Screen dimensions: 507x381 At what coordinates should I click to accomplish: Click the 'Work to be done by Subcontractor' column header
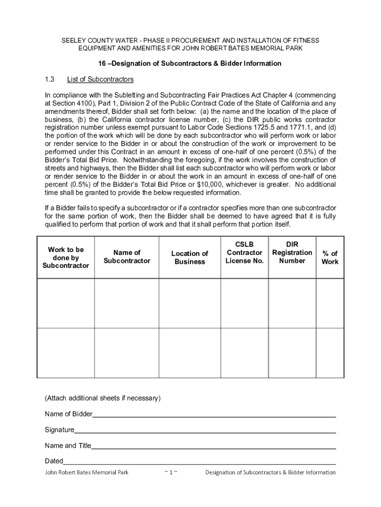pos(65,257)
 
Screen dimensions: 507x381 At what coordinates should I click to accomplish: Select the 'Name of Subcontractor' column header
pos(127,256)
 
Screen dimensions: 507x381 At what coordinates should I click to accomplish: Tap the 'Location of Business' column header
pos(190,257)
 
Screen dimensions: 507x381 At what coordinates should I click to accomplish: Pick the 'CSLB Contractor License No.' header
pos(244,253)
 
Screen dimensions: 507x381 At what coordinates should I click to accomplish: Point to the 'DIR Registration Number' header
pos(292,253)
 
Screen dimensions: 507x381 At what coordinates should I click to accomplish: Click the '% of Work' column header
pos(330,257)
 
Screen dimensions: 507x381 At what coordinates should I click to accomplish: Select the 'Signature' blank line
pos(205,430)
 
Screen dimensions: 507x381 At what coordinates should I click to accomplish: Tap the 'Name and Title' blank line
pos(213,446)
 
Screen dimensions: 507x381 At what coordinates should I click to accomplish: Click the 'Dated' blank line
pos(199,461)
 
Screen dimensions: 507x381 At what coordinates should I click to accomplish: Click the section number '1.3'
pos(50,79)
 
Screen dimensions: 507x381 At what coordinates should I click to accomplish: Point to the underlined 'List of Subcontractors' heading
pos(100,79)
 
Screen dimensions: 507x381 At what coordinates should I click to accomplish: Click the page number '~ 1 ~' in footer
pos(170,472)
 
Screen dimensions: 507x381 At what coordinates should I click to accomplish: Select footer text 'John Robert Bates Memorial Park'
pos(87,472)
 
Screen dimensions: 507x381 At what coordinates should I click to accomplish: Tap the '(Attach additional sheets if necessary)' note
pos(102,398)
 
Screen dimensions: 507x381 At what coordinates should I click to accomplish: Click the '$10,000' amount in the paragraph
pos(209,185)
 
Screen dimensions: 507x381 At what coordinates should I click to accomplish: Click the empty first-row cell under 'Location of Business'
pos(190,303)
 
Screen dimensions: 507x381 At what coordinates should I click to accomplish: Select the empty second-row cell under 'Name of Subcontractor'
pos(127,353)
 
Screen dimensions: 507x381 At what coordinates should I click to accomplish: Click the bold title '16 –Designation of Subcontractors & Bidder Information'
pos(190,63)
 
